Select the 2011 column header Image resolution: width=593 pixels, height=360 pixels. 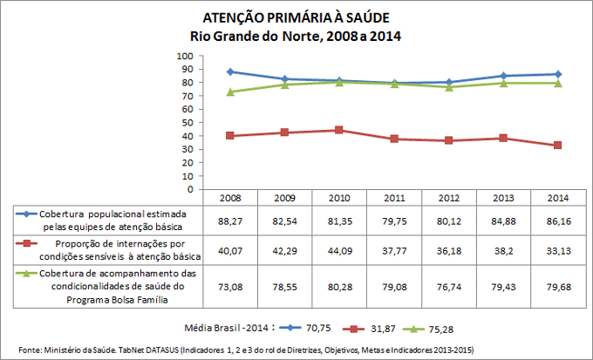coord(395,198)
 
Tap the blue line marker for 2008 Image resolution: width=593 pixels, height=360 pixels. coord(230,71)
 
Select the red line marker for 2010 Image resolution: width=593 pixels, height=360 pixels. coord(340,130)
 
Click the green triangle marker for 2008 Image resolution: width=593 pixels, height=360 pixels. coord(230,92)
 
